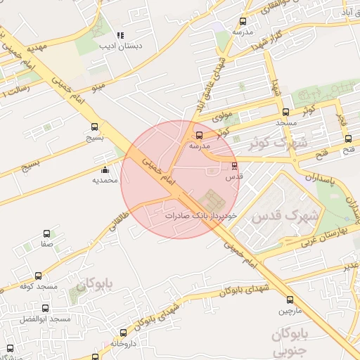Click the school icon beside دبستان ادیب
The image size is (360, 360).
point(120,34)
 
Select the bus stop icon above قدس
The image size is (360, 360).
point(234,167)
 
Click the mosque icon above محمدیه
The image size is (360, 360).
point(105,169)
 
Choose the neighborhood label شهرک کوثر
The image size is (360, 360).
point(279,143)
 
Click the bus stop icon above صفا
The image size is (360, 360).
point(47,233)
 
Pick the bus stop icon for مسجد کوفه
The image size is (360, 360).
point(38,276)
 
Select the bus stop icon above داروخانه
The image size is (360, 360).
point(124,333)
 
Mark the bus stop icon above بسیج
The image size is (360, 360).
point(95,127)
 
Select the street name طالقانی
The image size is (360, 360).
point(117,224)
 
